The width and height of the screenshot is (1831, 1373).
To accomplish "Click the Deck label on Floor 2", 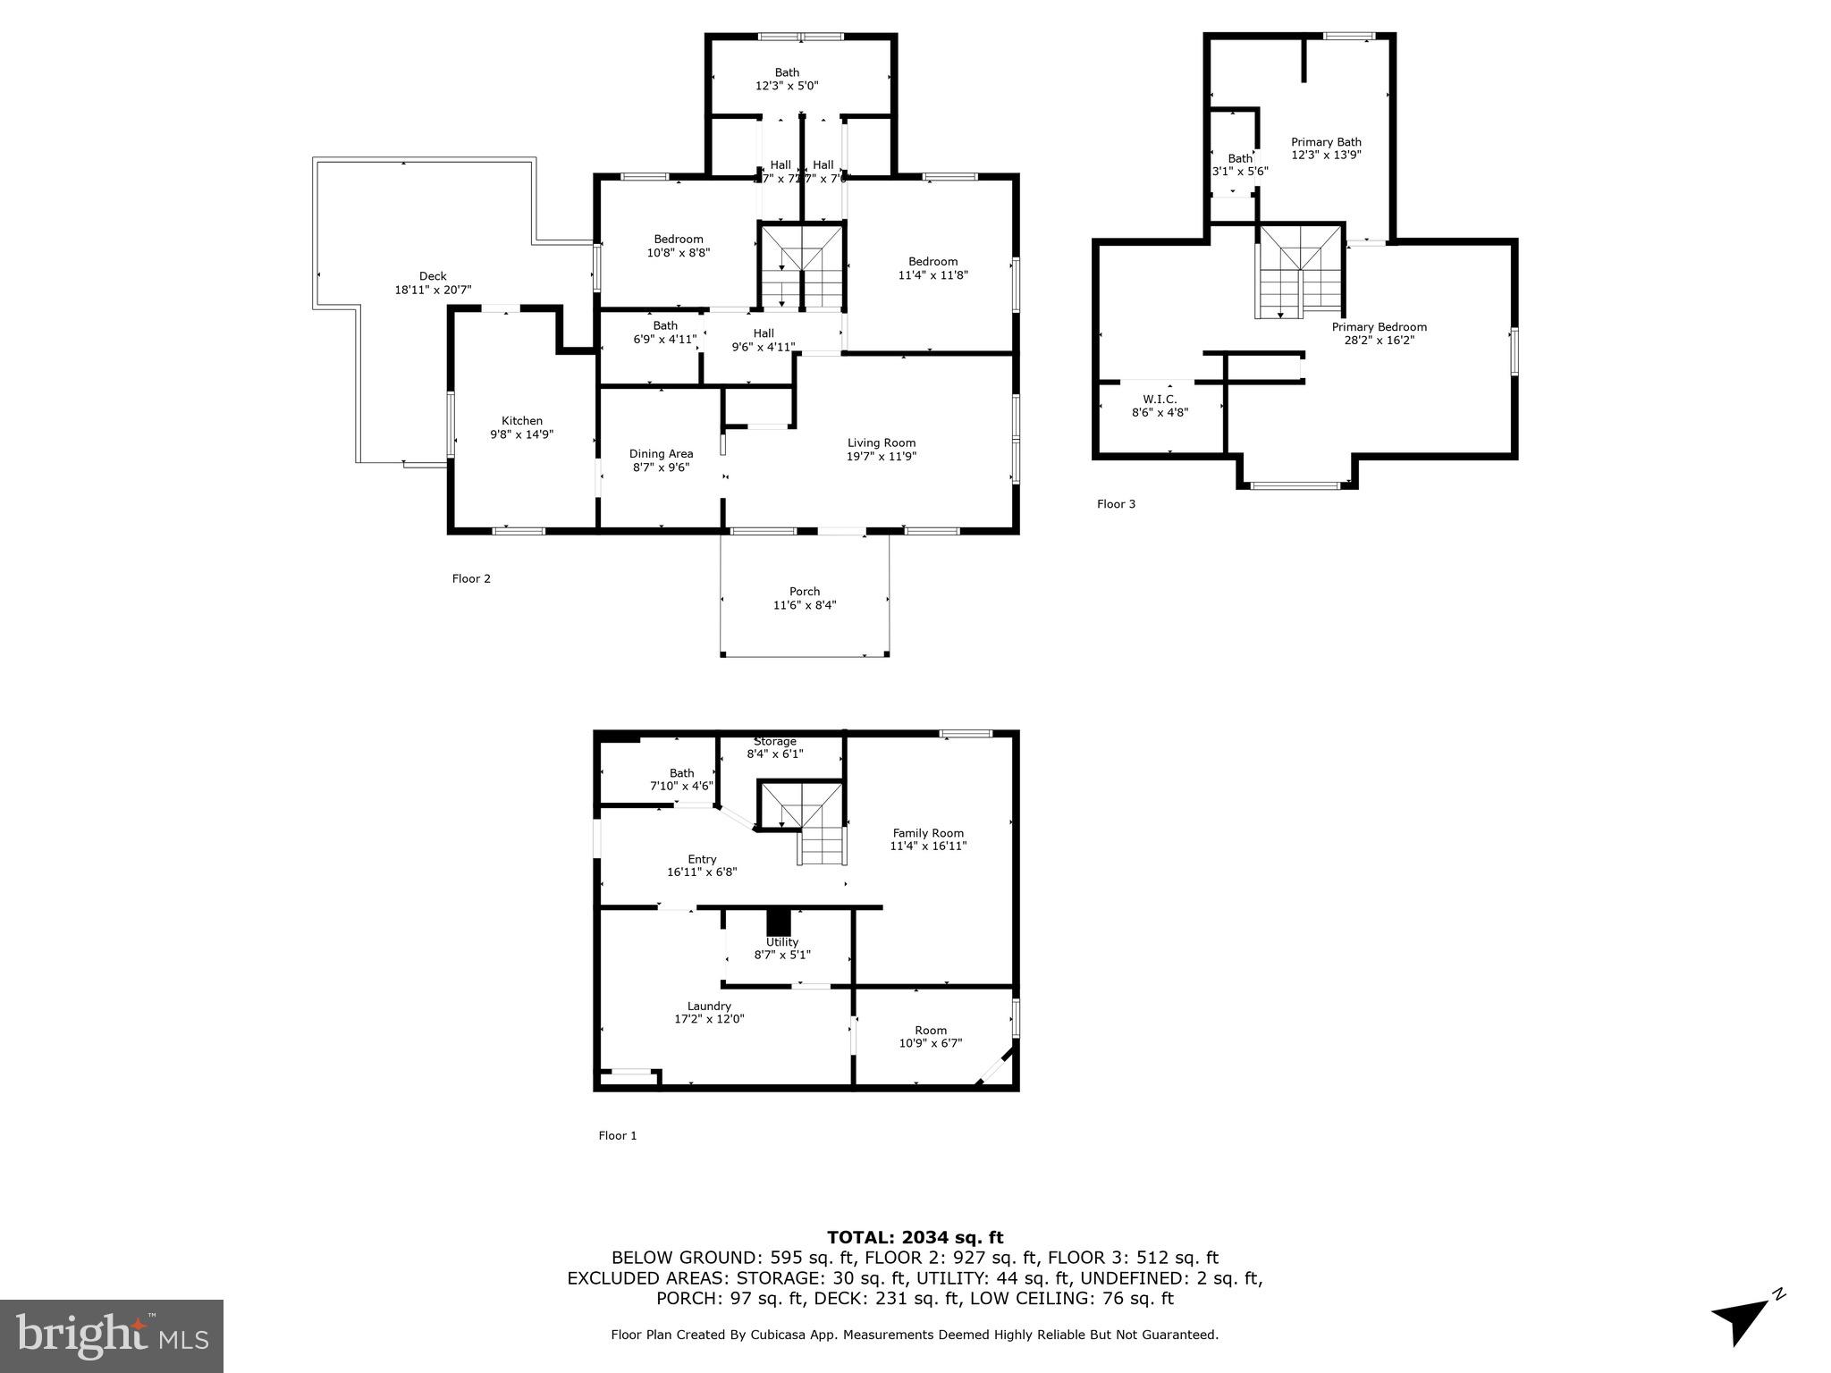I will pos(433,276).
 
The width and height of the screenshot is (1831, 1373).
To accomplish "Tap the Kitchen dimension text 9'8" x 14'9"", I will pos(521,434).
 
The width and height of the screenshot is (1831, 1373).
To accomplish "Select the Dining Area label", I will pos(661,453).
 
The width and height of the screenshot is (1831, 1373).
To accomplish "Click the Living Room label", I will pos(882,442).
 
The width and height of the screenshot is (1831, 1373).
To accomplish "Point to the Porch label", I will pos(805,591).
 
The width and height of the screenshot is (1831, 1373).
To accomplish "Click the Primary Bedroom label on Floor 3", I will pos(1379,327).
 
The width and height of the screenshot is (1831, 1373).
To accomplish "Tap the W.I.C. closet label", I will pos(1160,399).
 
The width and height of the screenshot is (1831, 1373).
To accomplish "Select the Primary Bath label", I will pos(1326,142).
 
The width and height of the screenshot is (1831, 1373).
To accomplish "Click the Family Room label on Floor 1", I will pos(928,832).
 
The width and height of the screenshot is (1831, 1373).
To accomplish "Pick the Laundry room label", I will pos(709,1006).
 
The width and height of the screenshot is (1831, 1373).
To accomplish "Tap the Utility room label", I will pos(781,942).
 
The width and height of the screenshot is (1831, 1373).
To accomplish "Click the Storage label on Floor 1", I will pos(775,741).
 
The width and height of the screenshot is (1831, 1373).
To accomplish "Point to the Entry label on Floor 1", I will pos(702,859).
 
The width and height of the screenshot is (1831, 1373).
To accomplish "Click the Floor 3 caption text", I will pos(1116,504).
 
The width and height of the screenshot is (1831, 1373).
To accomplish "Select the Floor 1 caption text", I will pos(617,1135).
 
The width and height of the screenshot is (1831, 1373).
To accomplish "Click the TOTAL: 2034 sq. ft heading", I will pos(915,1237).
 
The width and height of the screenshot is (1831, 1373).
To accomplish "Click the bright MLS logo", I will pos(112,1335).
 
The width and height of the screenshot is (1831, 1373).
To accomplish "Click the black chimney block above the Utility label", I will pos(780,922).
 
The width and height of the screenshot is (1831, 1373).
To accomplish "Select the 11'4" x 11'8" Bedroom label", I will pos(932,262).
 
